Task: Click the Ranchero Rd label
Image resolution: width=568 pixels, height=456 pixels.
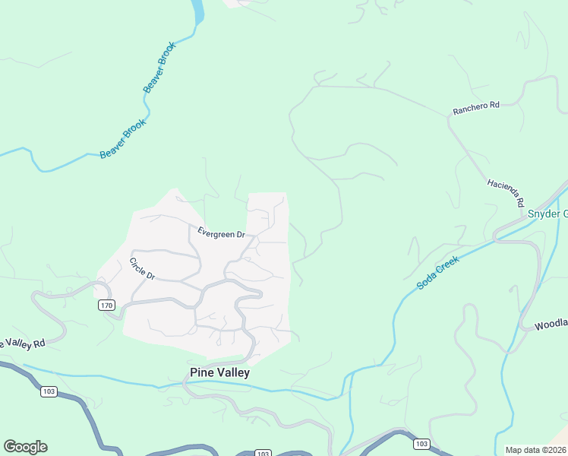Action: [x=476, y=108]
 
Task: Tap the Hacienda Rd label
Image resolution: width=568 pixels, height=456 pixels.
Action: [x=506, y=194]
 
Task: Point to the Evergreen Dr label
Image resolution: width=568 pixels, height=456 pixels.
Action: [x=221, y=234]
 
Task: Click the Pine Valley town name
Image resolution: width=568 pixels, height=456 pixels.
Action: [x=219, y=373]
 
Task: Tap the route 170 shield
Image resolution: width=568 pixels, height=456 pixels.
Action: [x=106, y=306]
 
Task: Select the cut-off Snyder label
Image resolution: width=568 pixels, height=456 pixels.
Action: [x=547, y=214]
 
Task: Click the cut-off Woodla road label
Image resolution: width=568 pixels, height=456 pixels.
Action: [x=551, y=325]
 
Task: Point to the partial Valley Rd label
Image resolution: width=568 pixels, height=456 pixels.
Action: [x=23, y=344]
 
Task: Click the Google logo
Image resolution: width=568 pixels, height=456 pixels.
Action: [x=25, y=447]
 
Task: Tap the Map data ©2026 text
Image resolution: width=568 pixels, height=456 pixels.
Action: [x=535, y=450]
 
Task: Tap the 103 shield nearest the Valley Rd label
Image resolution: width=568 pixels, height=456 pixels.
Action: [x=49, y=391]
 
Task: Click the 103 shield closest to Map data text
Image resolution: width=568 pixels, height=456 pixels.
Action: [x=423, y=444]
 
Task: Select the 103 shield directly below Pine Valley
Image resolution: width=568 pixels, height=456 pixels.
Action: [x=263, y=454]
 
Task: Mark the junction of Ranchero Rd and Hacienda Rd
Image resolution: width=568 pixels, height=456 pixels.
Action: [x=448, y=118]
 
